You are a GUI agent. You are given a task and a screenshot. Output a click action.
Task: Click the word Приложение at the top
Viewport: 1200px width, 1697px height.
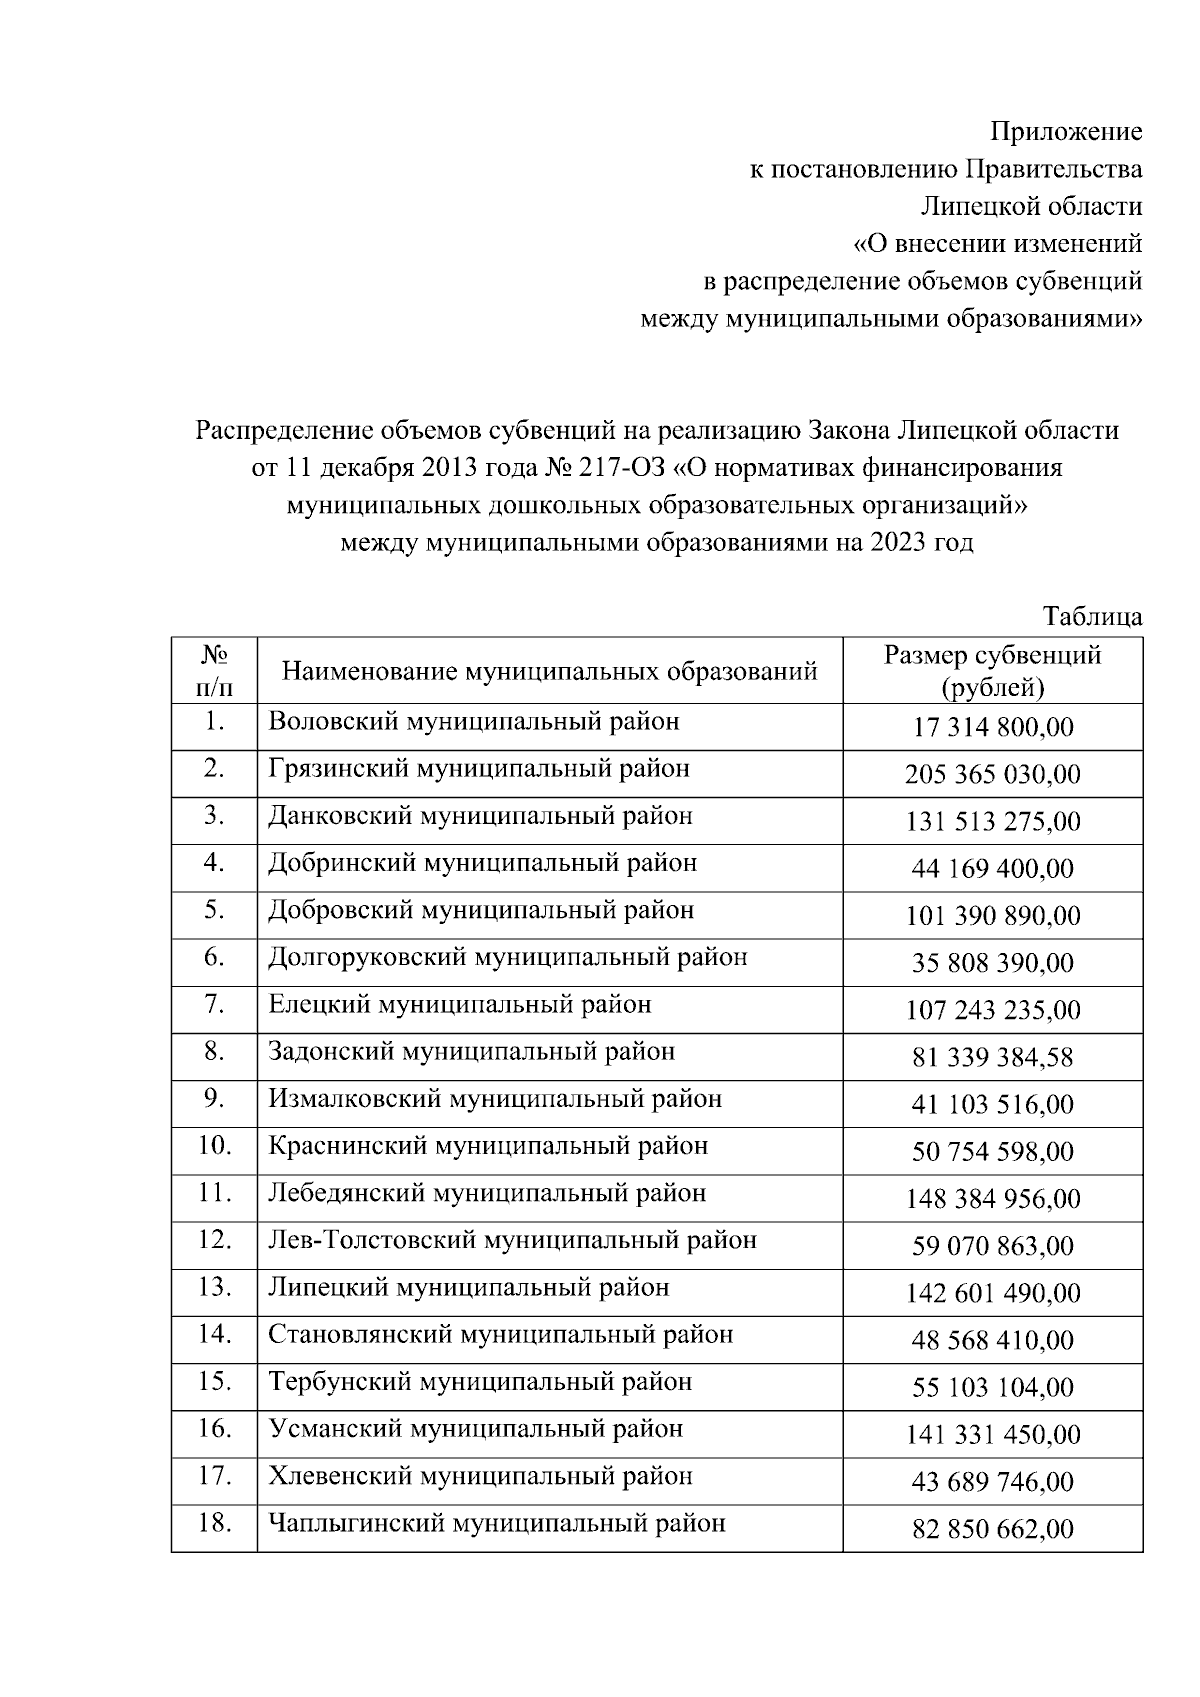pos(1066,132)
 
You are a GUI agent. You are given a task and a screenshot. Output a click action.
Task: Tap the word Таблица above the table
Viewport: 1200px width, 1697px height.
pos(1093,616)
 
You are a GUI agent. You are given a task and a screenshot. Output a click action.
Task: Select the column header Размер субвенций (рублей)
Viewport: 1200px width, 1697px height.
pos(992,670)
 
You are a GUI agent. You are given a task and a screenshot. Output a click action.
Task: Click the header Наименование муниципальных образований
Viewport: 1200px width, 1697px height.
pos(549,670)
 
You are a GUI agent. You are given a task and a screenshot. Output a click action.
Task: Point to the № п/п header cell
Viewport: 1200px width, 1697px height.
pos(214,670)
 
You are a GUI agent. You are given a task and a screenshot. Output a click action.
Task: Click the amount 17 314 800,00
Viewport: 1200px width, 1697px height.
pos(992,727)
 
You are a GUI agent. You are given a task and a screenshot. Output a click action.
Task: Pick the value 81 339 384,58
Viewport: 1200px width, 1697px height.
pos(992,1057)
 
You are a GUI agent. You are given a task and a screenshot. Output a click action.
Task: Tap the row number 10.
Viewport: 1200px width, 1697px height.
pos(214,1145)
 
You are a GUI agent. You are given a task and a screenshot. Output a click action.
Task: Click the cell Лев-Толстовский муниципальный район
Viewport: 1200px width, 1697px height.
pos(512,1240)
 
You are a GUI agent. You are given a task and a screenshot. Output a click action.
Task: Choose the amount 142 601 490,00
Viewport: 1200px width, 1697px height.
pos(992,1293)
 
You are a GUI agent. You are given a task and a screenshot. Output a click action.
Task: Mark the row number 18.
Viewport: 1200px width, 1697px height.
pos(214,1523)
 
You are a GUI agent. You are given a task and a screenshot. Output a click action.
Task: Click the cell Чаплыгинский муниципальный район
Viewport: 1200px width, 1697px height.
pos(496,1524)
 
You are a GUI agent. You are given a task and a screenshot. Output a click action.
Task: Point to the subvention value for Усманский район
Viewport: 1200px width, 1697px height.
pos(992,1435)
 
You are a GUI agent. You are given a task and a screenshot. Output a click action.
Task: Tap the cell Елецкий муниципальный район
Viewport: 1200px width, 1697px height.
pos(459,1004)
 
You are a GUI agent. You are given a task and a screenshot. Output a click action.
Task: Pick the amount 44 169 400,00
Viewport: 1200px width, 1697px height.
pos(992,868)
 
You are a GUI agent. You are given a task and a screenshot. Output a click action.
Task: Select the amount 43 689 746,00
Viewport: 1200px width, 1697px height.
pos(992,1482)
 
